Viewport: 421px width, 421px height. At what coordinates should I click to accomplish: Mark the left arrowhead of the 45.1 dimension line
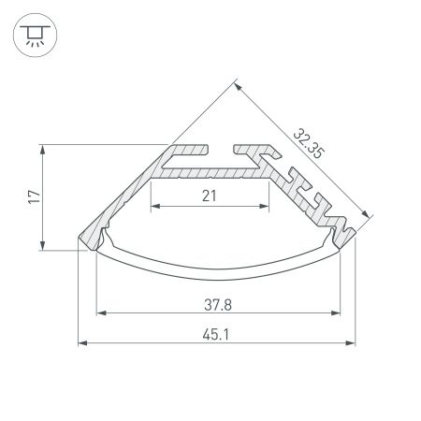[81, 344]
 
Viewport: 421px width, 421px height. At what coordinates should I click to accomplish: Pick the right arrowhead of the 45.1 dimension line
[353, 344]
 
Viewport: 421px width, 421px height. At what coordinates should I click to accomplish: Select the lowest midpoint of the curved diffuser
[217, 279]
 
